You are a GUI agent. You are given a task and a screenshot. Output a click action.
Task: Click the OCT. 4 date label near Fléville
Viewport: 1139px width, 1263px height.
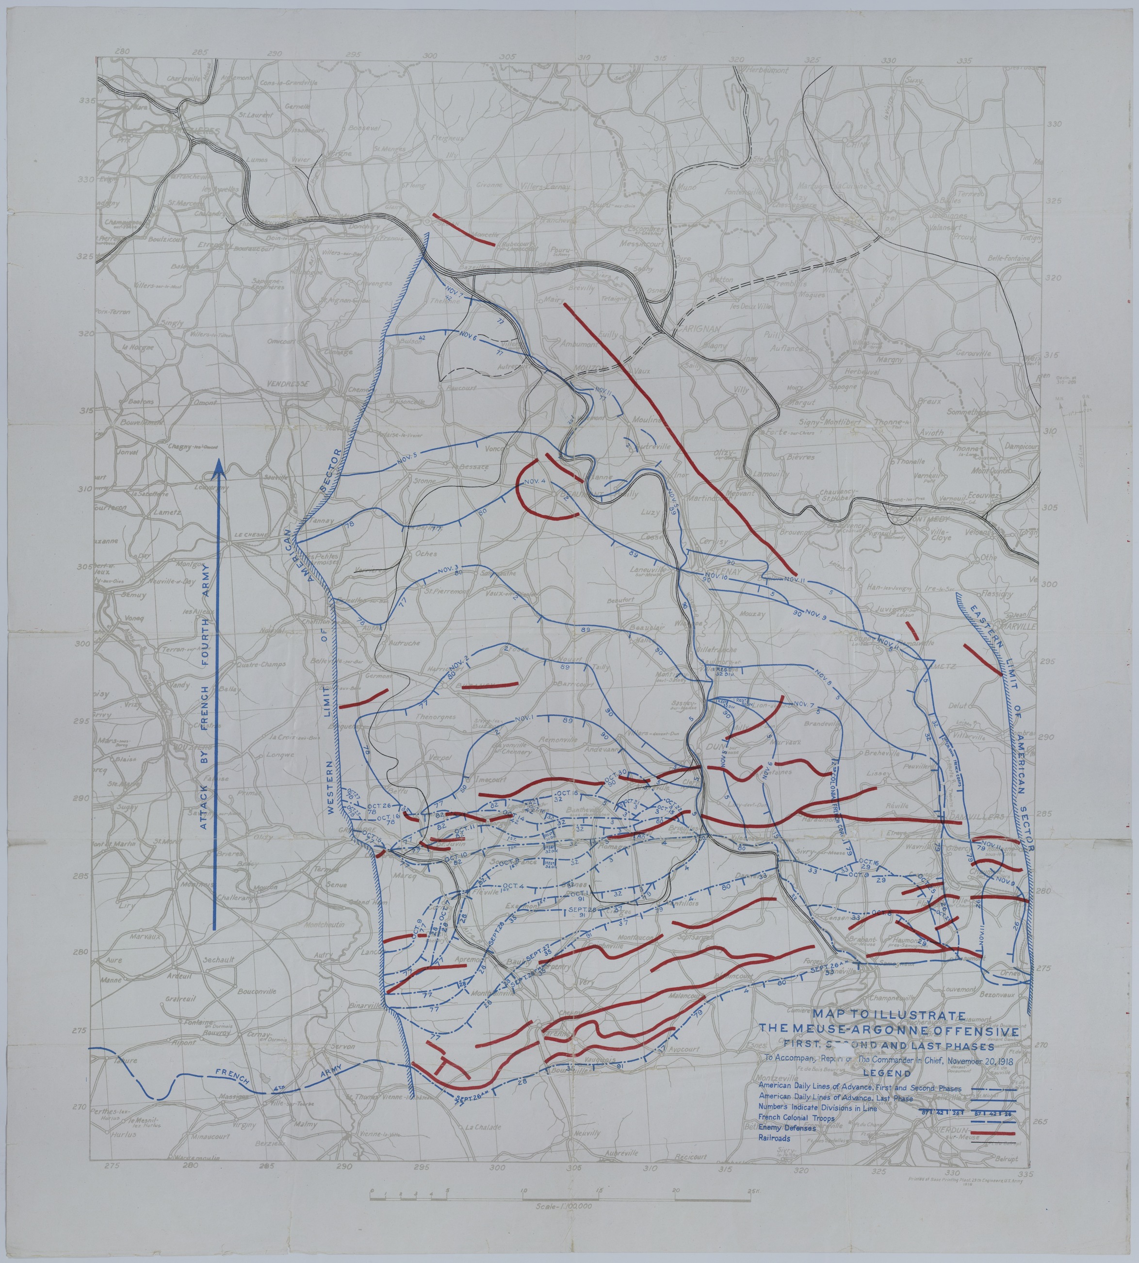click(x=513, y=885)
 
